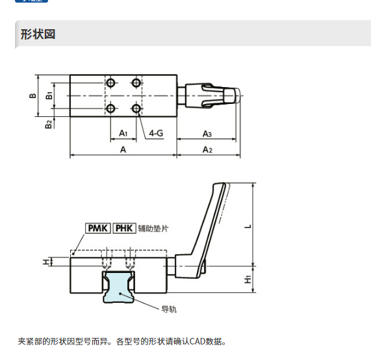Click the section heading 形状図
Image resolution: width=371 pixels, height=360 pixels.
click(x=38, y=34)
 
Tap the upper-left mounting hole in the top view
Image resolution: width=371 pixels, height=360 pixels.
click(x=110, y=83)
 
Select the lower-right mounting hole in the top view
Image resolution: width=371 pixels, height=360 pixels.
click(x=136, y=109)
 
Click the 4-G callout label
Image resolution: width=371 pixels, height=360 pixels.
click(x=156, y=133)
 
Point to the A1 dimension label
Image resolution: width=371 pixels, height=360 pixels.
click(x=123, y=133)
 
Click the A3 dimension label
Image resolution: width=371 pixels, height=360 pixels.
click(x=207, y=134)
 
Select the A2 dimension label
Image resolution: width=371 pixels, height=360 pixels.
click(x=207, y=149)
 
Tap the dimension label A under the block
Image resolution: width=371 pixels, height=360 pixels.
click(x=123, y=149)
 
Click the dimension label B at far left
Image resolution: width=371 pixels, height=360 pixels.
click(x=32, y=96)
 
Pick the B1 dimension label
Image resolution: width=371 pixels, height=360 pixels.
click(x=49, y=96)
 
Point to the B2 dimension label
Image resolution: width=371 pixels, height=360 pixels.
click(x=48, y=124)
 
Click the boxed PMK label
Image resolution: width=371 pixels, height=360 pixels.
click(x=97, y=228)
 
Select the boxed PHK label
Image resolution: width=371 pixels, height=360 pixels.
click(x=124, y=228)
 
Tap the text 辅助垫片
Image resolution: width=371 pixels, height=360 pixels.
click(x=153, y=229)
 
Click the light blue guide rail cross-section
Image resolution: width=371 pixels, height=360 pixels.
click(x=118, y=287)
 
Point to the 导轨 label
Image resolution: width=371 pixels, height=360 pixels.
click(x=169, y=309)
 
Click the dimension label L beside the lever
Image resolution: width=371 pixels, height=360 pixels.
click(x=248, y=227)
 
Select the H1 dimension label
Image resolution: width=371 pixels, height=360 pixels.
click(x=248, y=279)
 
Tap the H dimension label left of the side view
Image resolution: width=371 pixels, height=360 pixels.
click(x=46, y=262)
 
